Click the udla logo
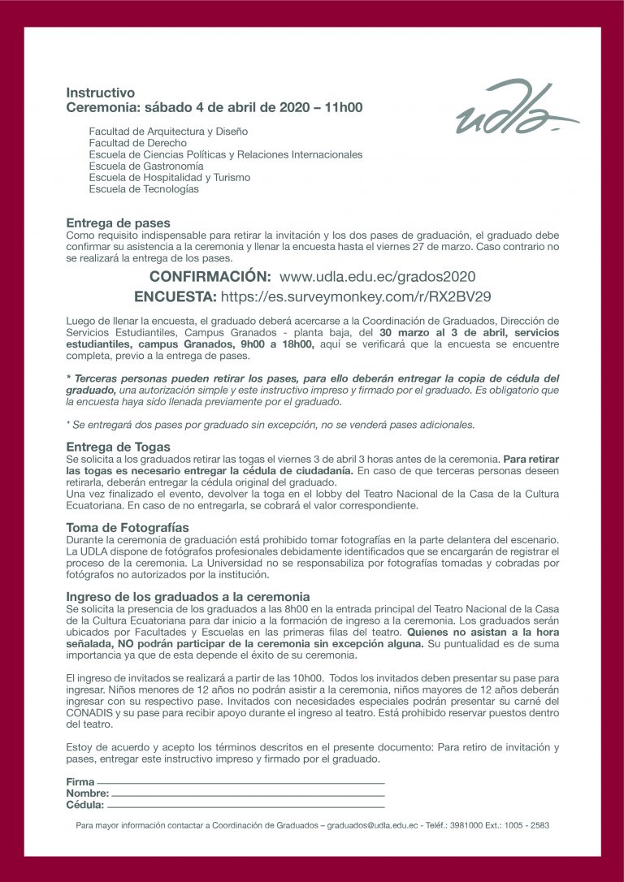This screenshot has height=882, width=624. click(x=515, y=109)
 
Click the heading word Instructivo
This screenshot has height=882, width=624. click(x=100, y=93)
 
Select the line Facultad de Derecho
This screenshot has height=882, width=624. click(x=137, y=143)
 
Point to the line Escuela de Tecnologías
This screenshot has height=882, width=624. click(x=144, y=189)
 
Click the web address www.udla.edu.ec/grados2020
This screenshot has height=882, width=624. click(x=377, y=276)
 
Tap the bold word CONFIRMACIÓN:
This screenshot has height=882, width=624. click(x=210, y=276)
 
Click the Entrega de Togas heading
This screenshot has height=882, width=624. click(x=118, y=447)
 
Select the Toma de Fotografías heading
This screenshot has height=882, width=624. click(x=127, y=527)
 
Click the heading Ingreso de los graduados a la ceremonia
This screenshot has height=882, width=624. click(x=188, y=596)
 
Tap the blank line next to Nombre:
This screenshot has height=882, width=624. click(x=246, y=794)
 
